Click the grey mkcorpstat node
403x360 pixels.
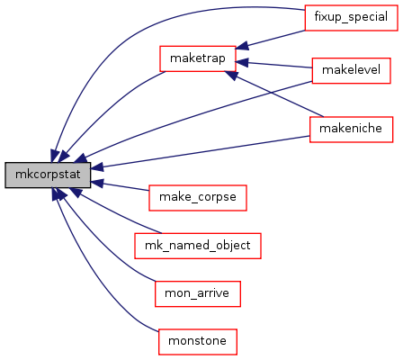coord(48,175)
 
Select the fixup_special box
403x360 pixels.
coord(351,17)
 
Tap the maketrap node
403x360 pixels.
coord(198,58)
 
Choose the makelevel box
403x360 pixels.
coord(351,70)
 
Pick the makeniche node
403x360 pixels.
coord(351,130)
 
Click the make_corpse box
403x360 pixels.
coord(198,198)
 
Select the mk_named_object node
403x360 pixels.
coord(198,246)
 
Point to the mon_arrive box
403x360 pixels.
coord(198,293)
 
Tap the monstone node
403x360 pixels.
coord(198,342)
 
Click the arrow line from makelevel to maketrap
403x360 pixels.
coord(273,65)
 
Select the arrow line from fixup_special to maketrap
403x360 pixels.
coord(270,40)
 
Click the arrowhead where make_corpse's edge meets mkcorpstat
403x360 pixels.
coord(97,183)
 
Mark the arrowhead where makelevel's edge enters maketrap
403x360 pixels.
coord(242,63)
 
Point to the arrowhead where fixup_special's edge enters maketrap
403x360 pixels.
coord(242,46)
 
